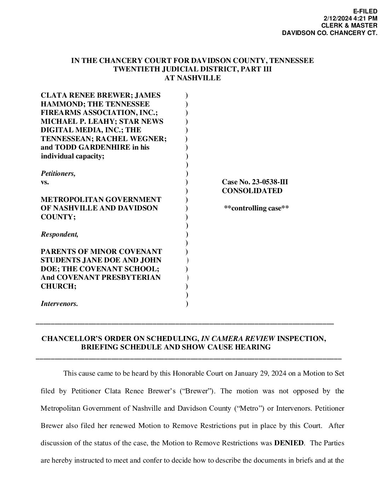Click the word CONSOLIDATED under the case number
(252, 191)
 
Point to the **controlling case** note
(256, 208)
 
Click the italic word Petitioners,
(58, 174)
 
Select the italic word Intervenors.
(59, 303)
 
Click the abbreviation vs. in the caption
(45, 183)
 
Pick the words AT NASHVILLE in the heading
(192, 78)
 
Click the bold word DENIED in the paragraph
(289, 443)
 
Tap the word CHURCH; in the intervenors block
(58, 286)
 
